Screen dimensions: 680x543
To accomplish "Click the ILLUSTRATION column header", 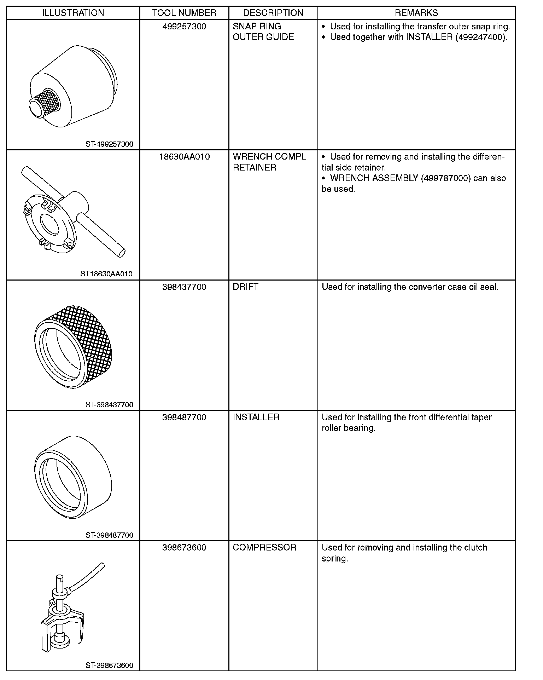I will [73, 13].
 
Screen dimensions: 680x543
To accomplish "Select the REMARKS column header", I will [416, 13].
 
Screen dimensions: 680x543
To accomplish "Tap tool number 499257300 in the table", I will [184, 27].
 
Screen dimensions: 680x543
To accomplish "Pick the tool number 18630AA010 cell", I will [184, 157].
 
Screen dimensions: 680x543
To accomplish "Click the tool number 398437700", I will [184, 287].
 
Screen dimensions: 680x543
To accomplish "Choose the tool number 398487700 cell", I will [184, 417].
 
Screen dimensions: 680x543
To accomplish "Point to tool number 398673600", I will [184, 547].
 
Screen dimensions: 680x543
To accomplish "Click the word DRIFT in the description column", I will [245, 287].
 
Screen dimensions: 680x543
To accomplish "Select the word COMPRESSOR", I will [264, 547].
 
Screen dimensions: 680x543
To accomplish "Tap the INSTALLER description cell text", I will [256, 417].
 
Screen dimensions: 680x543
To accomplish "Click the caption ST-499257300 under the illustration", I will [109, 144].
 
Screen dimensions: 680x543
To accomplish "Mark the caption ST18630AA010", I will [106, 274].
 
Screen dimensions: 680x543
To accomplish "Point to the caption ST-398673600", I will [109, 665].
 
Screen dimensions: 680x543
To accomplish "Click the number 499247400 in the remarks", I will [479, 37].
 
